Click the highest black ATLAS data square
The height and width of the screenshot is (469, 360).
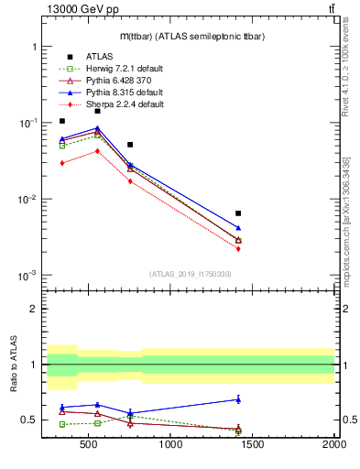tap(97, 111)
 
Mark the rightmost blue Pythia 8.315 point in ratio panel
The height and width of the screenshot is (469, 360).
tap(238, 399)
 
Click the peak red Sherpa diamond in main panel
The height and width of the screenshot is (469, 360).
tap(97, 151)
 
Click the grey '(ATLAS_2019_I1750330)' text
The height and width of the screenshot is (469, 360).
tap(190, 274)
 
